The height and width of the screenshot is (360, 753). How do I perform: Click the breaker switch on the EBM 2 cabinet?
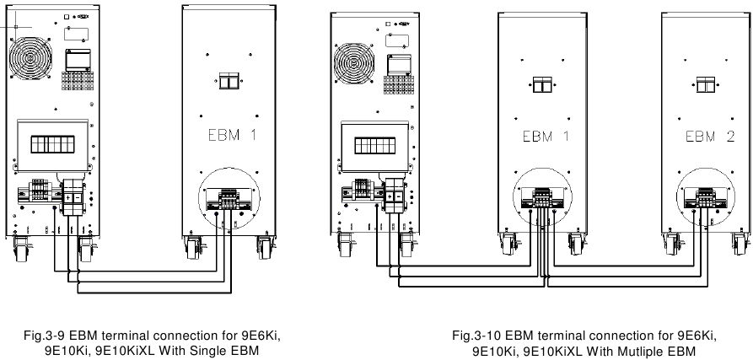coord(703,84)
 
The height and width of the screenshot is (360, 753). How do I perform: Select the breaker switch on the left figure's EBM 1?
coord(227,81)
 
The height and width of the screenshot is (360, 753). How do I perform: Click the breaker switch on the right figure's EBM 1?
coord(540,84)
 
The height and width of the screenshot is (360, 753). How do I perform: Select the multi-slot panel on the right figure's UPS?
coord(371,144)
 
